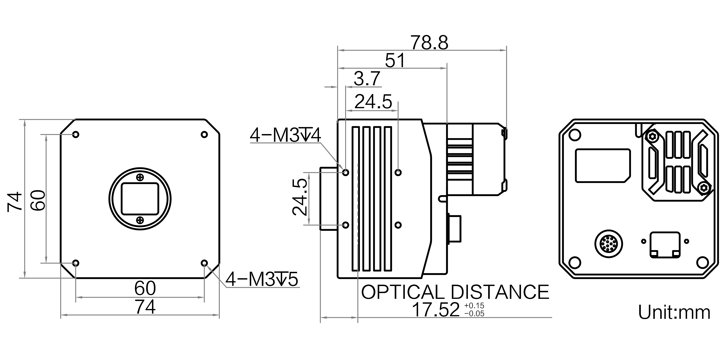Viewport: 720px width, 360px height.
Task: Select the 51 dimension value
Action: click(x=395, y=60)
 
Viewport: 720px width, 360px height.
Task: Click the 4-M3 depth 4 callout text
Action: click(x=285, y=135)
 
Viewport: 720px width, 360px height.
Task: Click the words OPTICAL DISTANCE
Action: click(x=455, y=292)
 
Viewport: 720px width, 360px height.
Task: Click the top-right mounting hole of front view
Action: click(x=204, y=134)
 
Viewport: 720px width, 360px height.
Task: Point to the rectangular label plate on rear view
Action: click(x=603, y=166)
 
